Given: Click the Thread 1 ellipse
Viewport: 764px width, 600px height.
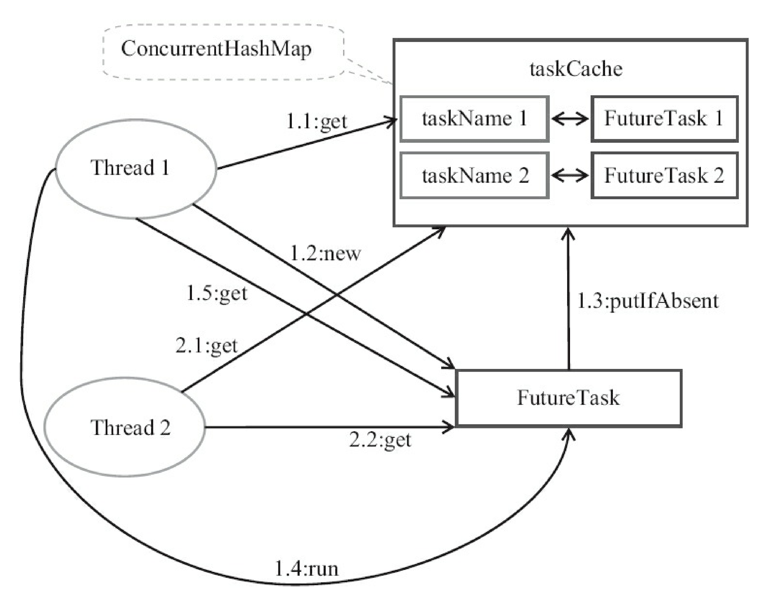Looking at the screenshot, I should (x=135, y=168).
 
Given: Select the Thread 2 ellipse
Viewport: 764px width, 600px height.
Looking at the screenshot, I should (x=125, y=427).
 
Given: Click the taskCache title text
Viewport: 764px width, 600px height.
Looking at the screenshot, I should (x=576, y=69).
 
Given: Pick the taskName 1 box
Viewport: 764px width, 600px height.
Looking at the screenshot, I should (x=474, y=119).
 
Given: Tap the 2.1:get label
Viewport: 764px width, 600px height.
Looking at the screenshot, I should (x=206, y=346).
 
